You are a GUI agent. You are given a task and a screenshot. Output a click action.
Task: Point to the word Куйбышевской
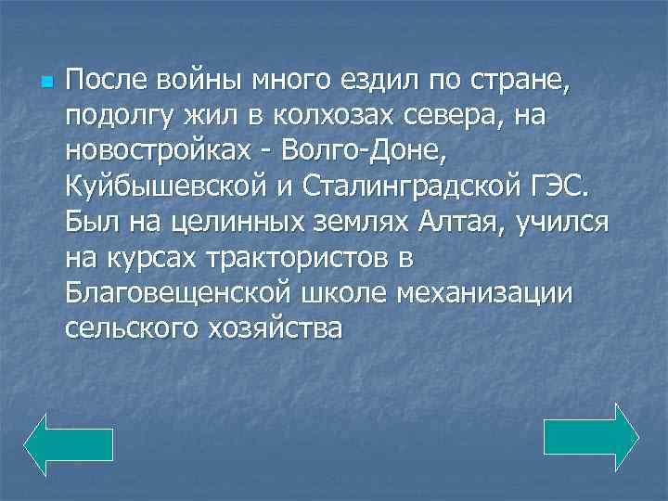(x=163, y=185)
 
